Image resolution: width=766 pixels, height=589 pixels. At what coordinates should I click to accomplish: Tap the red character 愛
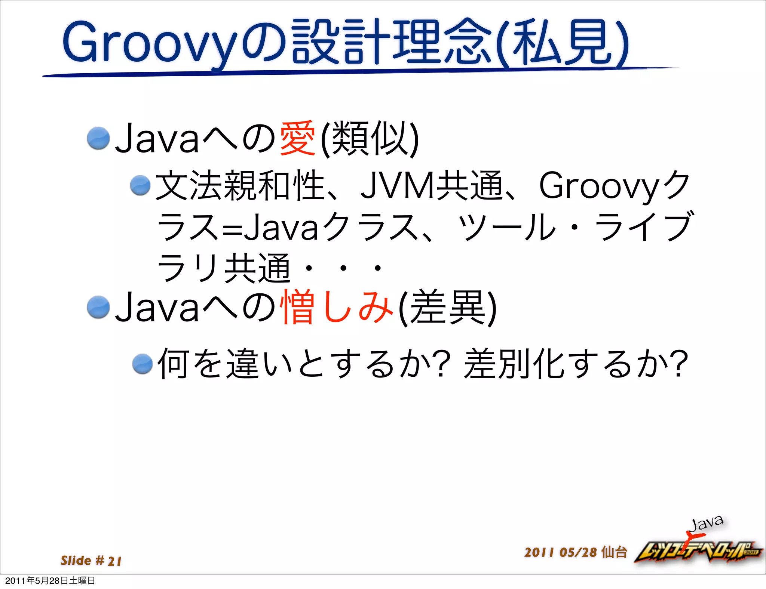(298, 139)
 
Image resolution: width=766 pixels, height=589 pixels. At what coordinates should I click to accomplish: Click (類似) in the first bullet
(370, 139)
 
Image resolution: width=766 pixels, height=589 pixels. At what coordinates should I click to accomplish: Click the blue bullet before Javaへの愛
(98, 138)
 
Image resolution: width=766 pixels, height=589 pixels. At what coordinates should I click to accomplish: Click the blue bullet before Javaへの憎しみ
(98, 307)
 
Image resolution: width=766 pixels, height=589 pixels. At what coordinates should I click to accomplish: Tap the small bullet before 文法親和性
(140, 185)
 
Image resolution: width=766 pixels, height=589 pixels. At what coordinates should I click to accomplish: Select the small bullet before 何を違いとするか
(143, 364)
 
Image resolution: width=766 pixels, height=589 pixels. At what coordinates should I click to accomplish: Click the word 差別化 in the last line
(514, 364)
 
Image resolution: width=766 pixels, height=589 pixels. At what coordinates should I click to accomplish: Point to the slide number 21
(114, 561)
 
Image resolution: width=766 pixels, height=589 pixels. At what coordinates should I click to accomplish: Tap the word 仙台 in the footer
(614, 552)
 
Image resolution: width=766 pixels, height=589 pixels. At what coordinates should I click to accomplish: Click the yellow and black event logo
(698, 552)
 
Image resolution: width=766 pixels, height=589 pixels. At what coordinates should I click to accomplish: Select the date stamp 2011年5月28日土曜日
(50, 581)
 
